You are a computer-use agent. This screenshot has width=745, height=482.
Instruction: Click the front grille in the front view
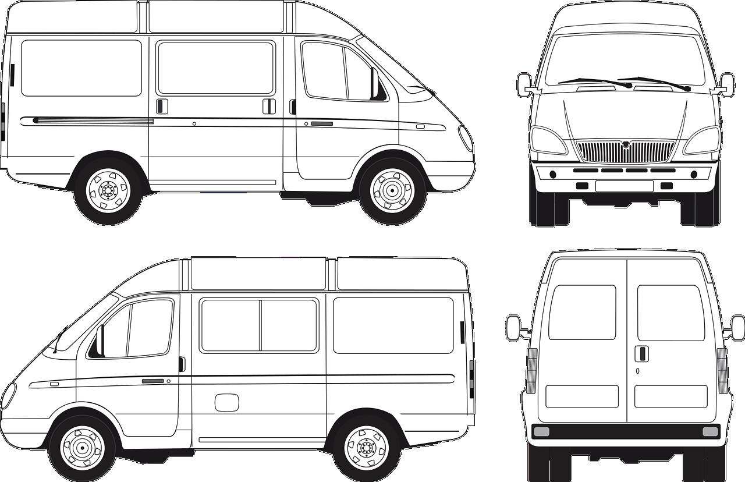(625, 151)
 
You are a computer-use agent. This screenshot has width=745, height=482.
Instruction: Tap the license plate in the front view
(625, 186)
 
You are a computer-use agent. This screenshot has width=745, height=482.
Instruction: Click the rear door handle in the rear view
(640, 353)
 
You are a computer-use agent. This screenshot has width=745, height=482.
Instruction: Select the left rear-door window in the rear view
(582, 312)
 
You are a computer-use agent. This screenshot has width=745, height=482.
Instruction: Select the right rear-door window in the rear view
(670, 312)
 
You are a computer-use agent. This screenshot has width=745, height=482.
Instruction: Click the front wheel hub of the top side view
(392, 190)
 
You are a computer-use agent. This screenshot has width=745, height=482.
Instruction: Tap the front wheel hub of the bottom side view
(81, 448)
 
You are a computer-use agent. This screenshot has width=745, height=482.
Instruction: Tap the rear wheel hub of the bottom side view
(367, 447)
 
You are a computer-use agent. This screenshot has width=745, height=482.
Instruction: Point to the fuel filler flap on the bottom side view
(226, 402)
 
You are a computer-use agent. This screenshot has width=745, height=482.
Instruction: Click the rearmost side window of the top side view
(81, 68)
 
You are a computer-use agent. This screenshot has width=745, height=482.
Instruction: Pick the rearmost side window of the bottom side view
(393, 325)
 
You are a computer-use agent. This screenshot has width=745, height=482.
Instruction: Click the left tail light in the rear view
(531, 371)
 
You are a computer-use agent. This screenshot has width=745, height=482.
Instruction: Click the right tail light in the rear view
(722, 371)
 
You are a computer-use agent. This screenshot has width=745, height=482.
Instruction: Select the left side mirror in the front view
(523, 85)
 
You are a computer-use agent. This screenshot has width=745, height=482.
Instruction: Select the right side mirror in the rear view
(737, 328)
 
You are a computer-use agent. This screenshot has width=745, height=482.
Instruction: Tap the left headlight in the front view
(548, 141)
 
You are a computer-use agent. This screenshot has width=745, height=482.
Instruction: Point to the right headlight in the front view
(703, 141)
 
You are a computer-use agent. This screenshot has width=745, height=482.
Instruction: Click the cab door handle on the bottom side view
(152, 381)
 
